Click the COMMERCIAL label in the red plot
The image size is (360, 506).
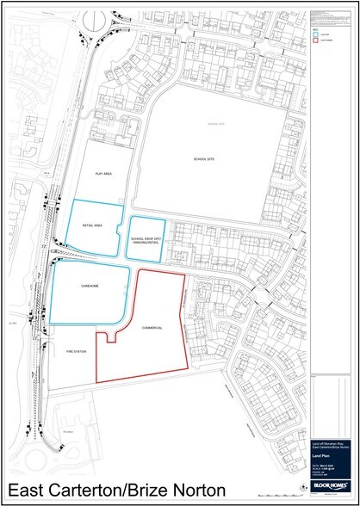[x=152, y=329]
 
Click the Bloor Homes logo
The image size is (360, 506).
[x=330, y=486]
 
